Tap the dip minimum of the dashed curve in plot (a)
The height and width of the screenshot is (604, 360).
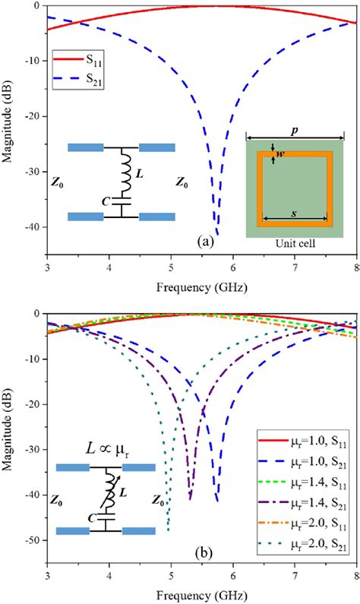coord(217,234)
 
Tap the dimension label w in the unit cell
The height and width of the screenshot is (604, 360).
coord(280,155)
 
